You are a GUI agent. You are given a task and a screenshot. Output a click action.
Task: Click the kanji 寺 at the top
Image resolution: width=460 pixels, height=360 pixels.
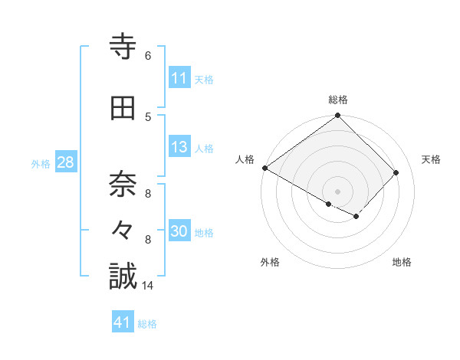pyautogui.click(x=123, y=47)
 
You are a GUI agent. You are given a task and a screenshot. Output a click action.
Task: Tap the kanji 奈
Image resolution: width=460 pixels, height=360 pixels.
pyautogui.click(x=123, y=185)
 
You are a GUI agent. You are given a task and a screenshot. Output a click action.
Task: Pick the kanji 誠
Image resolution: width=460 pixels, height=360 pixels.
pyautogui.click(x=123, y=277)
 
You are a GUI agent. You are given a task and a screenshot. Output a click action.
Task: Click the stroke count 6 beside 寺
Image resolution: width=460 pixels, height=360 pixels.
pyautogui.click(x=147, y=56)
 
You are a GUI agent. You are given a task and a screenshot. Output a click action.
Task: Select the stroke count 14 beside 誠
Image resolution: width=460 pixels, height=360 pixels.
pyautogui.click(x=149, y=286)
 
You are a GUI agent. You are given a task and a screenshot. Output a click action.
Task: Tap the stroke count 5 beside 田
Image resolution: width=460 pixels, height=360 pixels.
pyautogui.click(x=147, y=116)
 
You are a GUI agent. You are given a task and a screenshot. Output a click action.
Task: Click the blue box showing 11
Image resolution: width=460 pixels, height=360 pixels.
pyautogui.click(x=179, y=78)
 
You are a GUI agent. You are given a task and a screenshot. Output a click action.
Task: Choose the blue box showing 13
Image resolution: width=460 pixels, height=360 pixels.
pyautogui.click(x=179, y=148)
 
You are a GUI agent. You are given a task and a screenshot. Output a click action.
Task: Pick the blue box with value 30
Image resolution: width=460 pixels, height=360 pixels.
pyautogui.click(x=179, y=231)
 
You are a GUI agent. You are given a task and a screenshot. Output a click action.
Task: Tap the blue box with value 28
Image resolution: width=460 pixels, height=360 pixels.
pyautogui.click(x=65, y=162)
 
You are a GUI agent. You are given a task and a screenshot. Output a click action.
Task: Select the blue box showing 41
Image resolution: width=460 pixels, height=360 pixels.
pyautogui.click(x=123, y=322)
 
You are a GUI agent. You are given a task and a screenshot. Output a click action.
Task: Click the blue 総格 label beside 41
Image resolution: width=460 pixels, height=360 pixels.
pyautogui.click(x=147, y=324)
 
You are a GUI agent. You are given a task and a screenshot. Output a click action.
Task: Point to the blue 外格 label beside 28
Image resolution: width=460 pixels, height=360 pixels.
pyautogui.click(x=41, y=163)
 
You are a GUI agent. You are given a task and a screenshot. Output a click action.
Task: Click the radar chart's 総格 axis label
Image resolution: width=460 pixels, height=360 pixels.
pyautogui.click(x=338, y=100)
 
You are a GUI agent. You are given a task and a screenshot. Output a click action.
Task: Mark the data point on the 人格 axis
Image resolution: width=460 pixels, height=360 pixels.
pyautogui.click(x=264, y=168)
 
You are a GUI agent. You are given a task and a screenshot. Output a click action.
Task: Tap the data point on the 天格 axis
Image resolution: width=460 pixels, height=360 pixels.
pyautogui.click(x=396, y=172)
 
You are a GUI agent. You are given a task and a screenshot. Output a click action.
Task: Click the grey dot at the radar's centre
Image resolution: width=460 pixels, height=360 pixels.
pyautogui.click(x=337, y=191)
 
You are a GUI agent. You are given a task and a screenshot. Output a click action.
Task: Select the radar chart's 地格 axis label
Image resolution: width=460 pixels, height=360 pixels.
pyautogui.click(x=402, y=262)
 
